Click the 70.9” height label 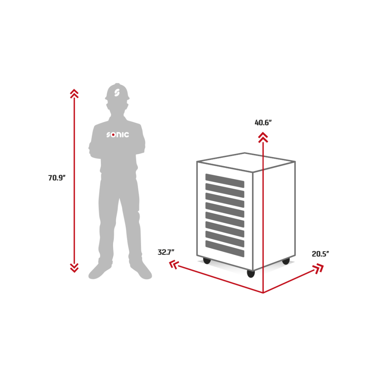57,178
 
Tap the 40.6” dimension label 263,123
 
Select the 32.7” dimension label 166,252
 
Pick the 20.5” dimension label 320,254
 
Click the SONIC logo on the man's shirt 117,135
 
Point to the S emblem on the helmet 117,93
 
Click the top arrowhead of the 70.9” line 74,93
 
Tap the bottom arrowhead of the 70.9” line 74,268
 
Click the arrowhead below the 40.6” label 263,137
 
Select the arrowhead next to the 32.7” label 174,264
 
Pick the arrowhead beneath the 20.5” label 318,268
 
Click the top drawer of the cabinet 225,181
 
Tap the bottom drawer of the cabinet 225,249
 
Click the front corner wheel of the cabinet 251,274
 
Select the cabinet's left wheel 207,261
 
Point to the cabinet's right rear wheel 286,261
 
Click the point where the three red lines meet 263,293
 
